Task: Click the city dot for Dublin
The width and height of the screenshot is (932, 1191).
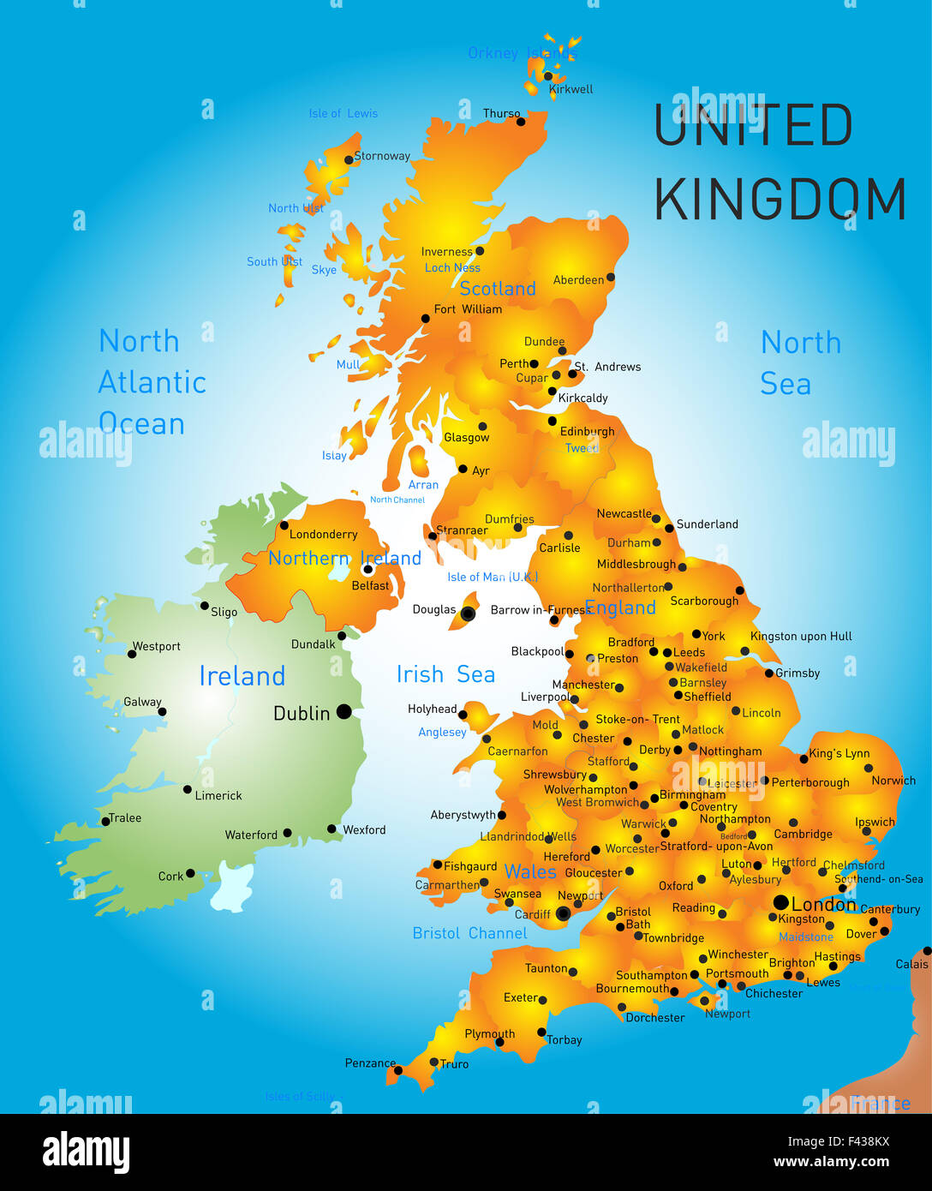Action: point(344,711)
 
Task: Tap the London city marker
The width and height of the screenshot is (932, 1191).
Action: point(780,902)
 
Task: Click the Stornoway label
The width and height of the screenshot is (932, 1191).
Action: point(382,156)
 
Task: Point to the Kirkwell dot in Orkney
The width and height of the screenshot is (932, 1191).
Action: point(548,76)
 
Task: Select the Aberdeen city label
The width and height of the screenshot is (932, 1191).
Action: point(578,279)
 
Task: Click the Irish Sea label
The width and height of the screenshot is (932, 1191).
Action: point(445,674)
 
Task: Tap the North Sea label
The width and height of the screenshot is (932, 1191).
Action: point(800,362)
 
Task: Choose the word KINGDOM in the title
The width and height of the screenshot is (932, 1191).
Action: point(780,200)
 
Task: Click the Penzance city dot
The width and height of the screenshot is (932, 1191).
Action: point(397,1069)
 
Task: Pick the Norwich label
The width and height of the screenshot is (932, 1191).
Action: point(893,781)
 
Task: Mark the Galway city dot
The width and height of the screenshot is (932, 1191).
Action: point(162,711)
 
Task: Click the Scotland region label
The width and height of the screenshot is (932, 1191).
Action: point(498,289)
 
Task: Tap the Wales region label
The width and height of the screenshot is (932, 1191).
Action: point(530,871)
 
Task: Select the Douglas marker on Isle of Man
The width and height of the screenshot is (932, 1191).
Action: point(468,613)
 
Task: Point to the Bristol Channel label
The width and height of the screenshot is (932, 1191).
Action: point(469,933)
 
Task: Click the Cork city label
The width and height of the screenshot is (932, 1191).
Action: point(170,876)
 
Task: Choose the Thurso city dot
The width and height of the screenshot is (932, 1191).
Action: point(521,122)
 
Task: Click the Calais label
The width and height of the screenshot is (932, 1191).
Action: point(911,964)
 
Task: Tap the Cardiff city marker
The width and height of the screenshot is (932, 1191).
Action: point(563,914)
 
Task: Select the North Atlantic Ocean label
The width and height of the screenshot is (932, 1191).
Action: point(152,382)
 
